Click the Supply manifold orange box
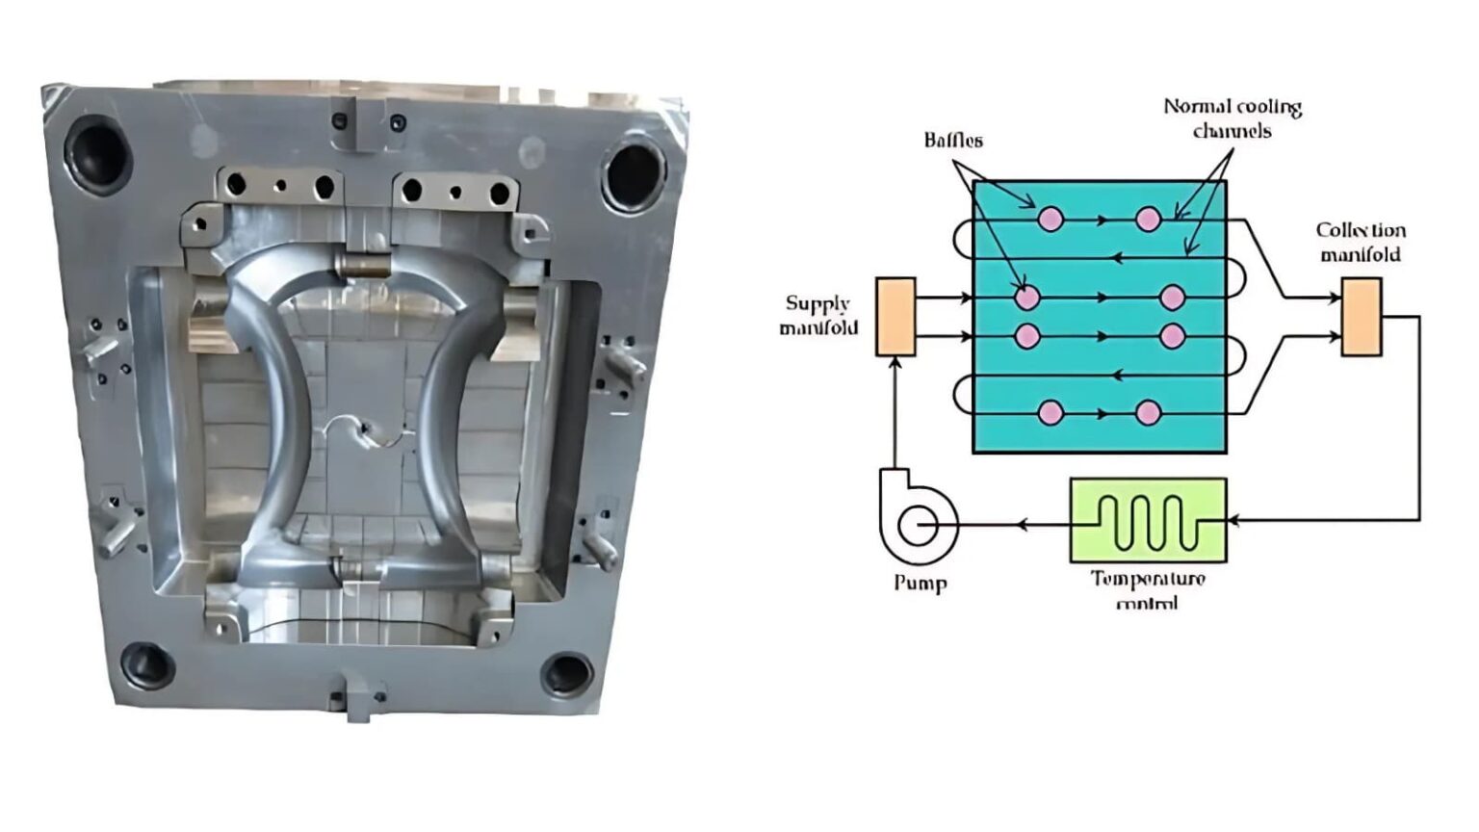click(895, 317)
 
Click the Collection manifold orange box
click(1362, 317)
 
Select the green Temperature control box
click(1148, 520)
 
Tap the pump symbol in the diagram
click(918, 525)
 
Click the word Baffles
click(953, 141)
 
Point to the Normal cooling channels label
click(1232, 118)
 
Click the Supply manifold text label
click(817, 316)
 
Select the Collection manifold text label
click(1361, 243)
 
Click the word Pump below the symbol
click(920, 583)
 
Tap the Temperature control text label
click(1148, 588)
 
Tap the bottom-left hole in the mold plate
click(146, 663)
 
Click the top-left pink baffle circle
click(1051, 220)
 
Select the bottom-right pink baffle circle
click(1148, 413)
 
